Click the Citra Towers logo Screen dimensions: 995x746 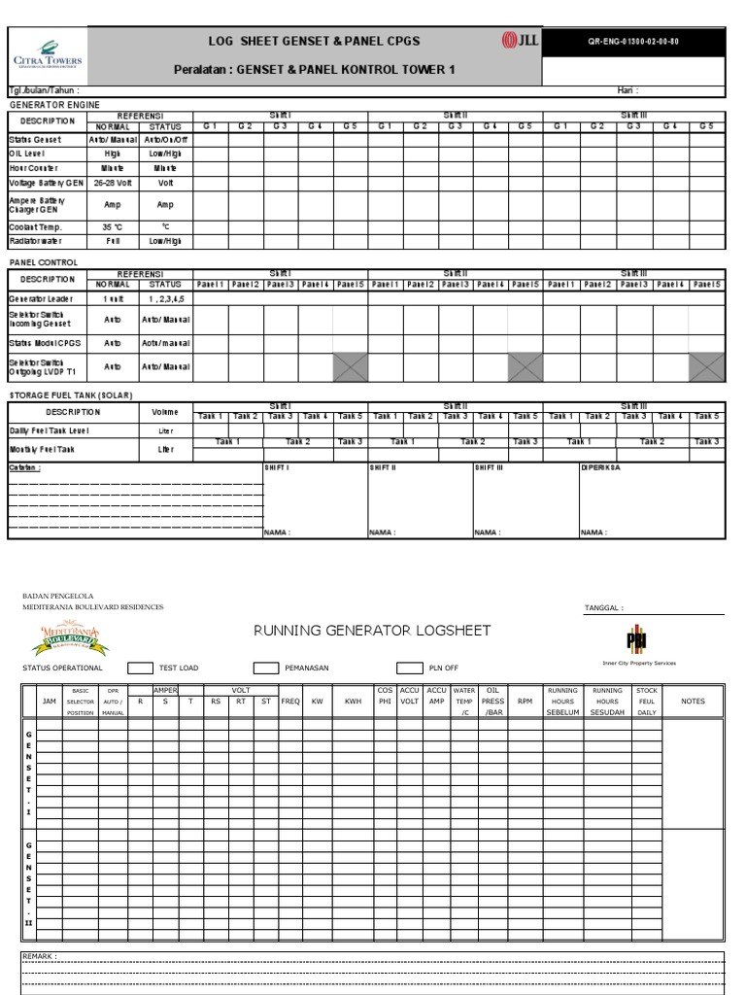[48, 54]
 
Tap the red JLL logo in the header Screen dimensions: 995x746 [520, 41]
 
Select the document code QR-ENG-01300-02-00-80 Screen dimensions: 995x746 [633, 42]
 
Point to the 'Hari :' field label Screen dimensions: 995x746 [627, 90]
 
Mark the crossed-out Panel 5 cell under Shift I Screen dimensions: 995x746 [350, 366]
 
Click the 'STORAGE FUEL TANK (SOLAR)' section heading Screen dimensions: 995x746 [70, 395]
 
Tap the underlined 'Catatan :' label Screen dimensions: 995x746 [25, 467]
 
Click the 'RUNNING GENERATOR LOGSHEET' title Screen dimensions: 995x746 [372, 631]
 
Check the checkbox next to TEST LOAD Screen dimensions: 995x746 [141, 669]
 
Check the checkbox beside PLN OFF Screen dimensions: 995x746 [410, 669]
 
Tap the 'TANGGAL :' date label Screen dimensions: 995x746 [603, 607]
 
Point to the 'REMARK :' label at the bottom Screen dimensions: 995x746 [40, 956]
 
